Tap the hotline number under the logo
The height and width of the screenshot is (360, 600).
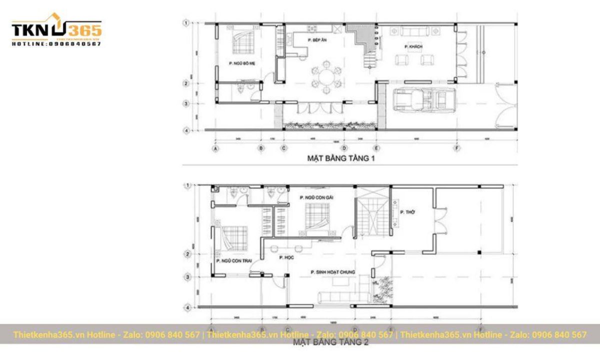tap(56, 44)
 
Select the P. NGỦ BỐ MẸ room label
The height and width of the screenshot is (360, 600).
tap(242, 63)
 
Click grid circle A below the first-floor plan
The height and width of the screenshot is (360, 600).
tap(216, 148)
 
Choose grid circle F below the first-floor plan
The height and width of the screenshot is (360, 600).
tap(456, 148)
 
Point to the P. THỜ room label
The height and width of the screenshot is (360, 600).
tap(408, 212)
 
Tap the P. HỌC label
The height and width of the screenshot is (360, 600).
tap(285, 257)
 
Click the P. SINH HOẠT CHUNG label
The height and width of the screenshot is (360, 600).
tap(332, 272)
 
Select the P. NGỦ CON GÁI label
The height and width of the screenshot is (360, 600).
tap(316, 198)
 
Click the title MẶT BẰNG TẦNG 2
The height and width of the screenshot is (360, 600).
tap(330, 343)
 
